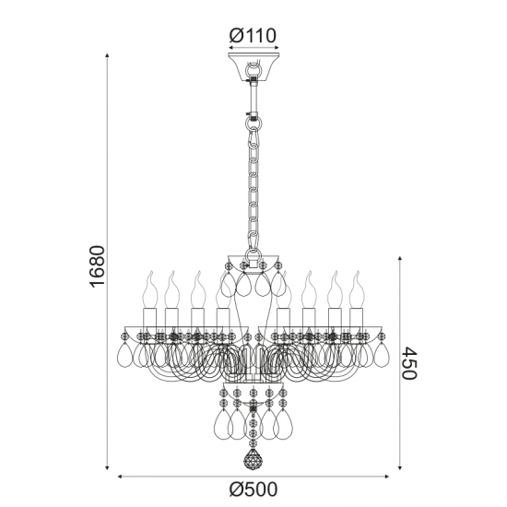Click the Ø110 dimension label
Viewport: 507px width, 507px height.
253,36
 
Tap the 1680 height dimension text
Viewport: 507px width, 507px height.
98,266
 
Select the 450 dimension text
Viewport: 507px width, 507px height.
409,363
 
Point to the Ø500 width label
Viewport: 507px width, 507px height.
253,489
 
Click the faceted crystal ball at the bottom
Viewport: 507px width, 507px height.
253,459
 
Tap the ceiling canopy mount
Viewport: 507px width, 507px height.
253,67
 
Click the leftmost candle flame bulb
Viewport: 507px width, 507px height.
150,289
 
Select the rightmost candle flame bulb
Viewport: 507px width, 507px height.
357,289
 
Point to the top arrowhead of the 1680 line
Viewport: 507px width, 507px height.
107,55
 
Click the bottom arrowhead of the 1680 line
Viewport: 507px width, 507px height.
107,467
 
